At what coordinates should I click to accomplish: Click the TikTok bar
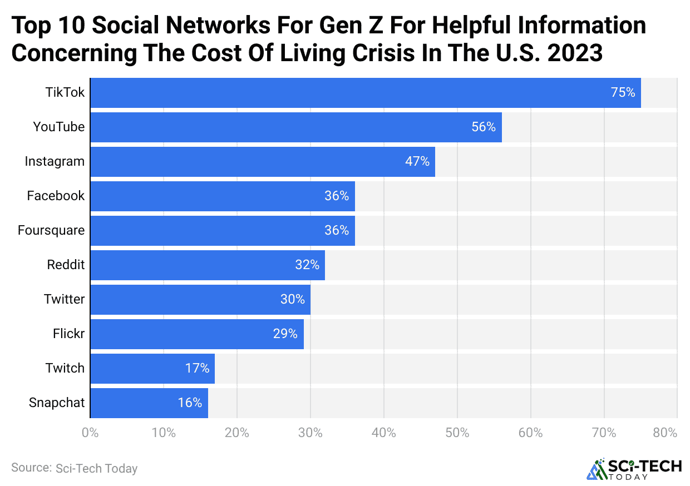coord(365,93)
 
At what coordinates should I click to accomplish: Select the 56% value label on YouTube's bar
coord(483,127)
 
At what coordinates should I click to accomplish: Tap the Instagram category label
coord(55,162)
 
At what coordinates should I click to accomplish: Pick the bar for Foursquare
coord(222,231)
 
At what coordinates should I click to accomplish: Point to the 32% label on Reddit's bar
coord(307,265)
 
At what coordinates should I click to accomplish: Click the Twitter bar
coord(200,300)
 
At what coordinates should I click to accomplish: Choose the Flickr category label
coord(68,334)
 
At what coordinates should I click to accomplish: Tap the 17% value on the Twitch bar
coord(197,369)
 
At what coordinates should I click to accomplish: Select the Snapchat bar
coord(149,403)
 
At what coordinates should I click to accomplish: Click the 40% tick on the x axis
coord(383,433)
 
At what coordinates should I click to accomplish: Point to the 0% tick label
coord(90,433)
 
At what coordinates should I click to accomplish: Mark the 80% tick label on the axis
coord(665,433)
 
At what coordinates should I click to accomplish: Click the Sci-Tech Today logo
coord(634,469)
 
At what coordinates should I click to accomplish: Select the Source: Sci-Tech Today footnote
coord(74,468)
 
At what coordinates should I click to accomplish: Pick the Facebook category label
coord(56,196)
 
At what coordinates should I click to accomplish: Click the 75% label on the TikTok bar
coord(623,93)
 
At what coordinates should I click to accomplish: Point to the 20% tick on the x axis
coord(236,433)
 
